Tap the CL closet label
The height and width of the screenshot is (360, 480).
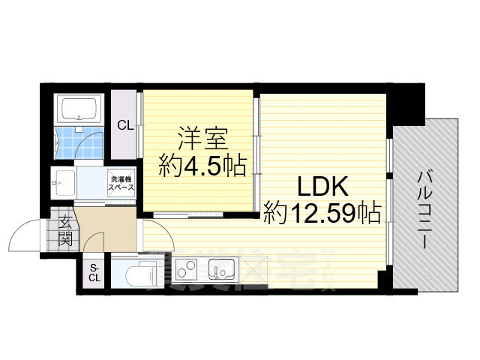coord(125,126)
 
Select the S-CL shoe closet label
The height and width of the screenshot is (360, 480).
coord(94,273)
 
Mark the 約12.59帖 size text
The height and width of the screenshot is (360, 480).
coord(322,214)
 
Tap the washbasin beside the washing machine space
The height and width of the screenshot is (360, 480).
coord(64,181)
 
